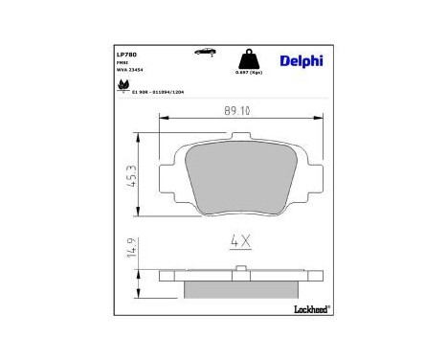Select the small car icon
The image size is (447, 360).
pos(203,52)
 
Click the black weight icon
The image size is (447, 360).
pos(247,56)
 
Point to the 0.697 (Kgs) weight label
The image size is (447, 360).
pos(247,73)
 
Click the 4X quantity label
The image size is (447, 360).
pos(239,242)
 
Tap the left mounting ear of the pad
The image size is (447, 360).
pos(168,142)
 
